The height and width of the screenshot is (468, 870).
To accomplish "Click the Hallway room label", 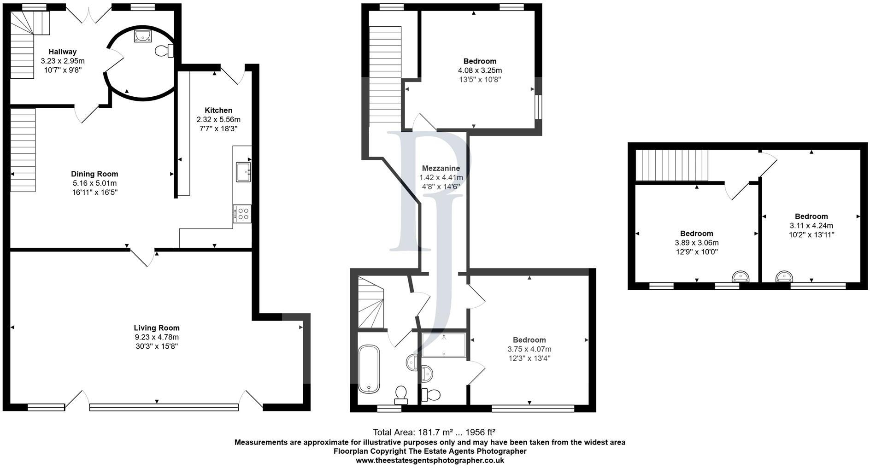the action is tap(63, 52).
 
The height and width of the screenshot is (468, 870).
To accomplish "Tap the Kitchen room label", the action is tap(218, 110).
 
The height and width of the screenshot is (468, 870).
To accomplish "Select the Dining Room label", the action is tap(94, 174).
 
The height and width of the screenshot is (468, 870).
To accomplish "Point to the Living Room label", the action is tap(157, 328).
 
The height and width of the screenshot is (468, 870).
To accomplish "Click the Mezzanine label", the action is tap(441, 168).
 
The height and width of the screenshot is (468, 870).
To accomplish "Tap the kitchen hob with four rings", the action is tap(242, 214).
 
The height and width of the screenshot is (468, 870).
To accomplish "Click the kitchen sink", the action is tap(243, 172).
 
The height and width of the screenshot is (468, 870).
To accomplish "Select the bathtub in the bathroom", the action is tap(369, 369).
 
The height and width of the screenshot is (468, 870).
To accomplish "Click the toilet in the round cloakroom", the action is tap(164, 50).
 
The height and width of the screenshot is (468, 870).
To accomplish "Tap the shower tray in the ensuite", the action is tap(444, 345).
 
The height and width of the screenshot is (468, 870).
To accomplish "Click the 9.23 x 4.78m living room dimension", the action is tap(157, 337).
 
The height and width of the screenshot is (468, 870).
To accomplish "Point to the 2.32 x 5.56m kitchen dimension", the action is tap(218, 119).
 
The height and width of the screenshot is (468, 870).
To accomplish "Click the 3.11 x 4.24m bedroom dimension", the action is tap(811, 226).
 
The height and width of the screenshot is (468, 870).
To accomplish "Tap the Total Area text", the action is tap(434, 432).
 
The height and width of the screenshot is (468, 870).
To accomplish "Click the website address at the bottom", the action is tap(430, 460).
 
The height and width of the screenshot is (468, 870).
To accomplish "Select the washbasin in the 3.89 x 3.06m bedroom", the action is tap(741, 276).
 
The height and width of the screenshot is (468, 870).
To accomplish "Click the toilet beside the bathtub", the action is tap(401, 395).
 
